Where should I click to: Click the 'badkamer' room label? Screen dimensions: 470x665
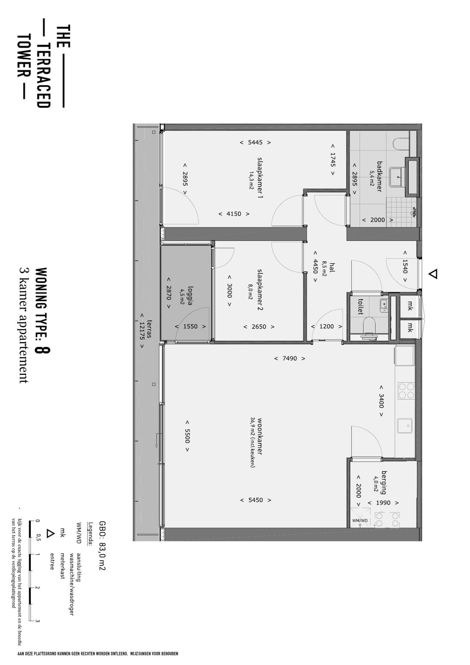coord(379,176)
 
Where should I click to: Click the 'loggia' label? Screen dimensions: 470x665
coord(190,296)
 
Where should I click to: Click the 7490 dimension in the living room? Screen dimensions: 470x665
coord(290,358)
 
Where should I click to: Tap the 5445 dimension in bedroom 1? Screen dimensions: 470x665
coord(255,142)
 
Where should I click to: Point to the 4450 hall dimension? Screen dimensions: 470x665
coord(315,267)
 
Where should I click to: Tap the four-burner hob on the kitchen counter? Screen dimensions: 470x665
coord(406,391)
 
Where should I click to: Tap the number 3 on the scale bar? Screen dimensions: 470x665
coord(37,621)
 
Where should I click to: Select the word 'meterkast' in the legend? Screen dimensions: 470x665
coord(62,565)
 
